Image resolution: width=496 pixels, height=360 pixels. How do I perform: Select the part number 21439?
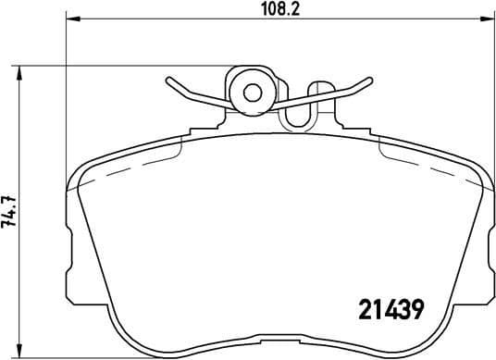pos(390,309)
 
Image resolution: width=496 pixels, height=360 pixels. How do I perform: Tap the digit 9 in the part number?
pos(416,309)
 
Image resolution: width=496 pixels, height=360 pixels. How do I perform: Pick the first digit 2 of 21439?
pos(364,309)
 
